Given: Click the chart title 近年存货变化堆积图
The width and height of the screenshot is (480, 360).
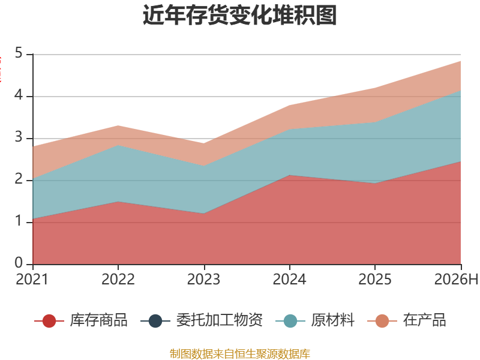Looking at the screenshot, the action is (239, 15).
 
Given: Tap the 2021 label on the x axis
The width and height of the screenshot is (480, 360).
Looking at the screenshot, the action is (32, 279).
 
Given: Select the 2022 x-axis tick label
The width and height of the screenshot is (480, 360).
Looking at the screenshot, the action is (118, 279).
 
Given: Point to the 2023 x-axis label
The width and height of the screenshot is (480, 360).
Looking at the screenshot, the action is (203, 279).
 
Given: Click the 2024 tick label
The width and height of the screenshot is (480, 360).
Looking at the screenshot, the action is (289, 279).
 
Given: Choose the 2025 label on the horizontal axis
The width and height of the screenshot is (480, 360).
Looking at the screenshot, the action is (375, 279).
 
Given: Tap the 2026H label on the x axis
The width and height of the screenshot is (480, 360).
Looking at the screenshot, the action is (456, 279).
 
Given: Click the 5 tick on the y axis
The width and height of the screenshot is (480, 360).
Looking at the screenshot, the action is (19, 53).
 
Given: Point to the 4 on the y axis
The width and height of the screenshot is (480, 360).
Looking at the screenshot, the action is (19, 95).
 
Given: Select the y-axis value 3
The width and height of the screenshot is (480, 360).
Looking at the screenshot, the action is (19, 137).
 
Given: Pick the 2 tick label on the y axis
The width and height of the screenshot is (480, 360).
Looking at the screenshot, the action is (19, 179).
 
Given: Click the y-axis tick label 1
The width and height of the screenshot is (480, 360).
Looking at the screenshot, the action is (19, 221).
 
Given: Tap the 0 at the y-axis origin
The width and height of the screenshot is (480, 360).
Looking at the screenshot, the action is (19, 263).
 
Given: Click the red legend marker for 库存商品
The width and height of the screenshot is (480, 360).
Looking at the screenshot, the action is (49, 321).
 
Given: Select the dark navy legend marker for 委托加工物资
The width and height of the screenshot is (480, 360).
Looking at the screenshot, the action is (155, 321).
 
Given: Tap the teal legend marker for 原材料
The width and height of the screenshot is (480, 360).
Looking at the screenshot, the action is (290, 321).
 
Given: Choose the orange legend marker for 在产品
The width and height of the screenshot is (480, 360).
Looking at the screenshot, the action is (382, 321).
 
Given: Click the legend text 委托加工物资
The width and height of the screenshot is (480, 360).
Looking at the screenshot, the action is (219, 320).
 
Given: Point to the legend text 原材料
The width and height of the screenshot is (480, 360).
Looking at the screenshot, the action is (333, 320).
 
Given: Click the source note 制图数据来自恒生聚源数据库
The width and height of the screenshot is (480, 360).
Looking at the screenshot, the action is (239, 354).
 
